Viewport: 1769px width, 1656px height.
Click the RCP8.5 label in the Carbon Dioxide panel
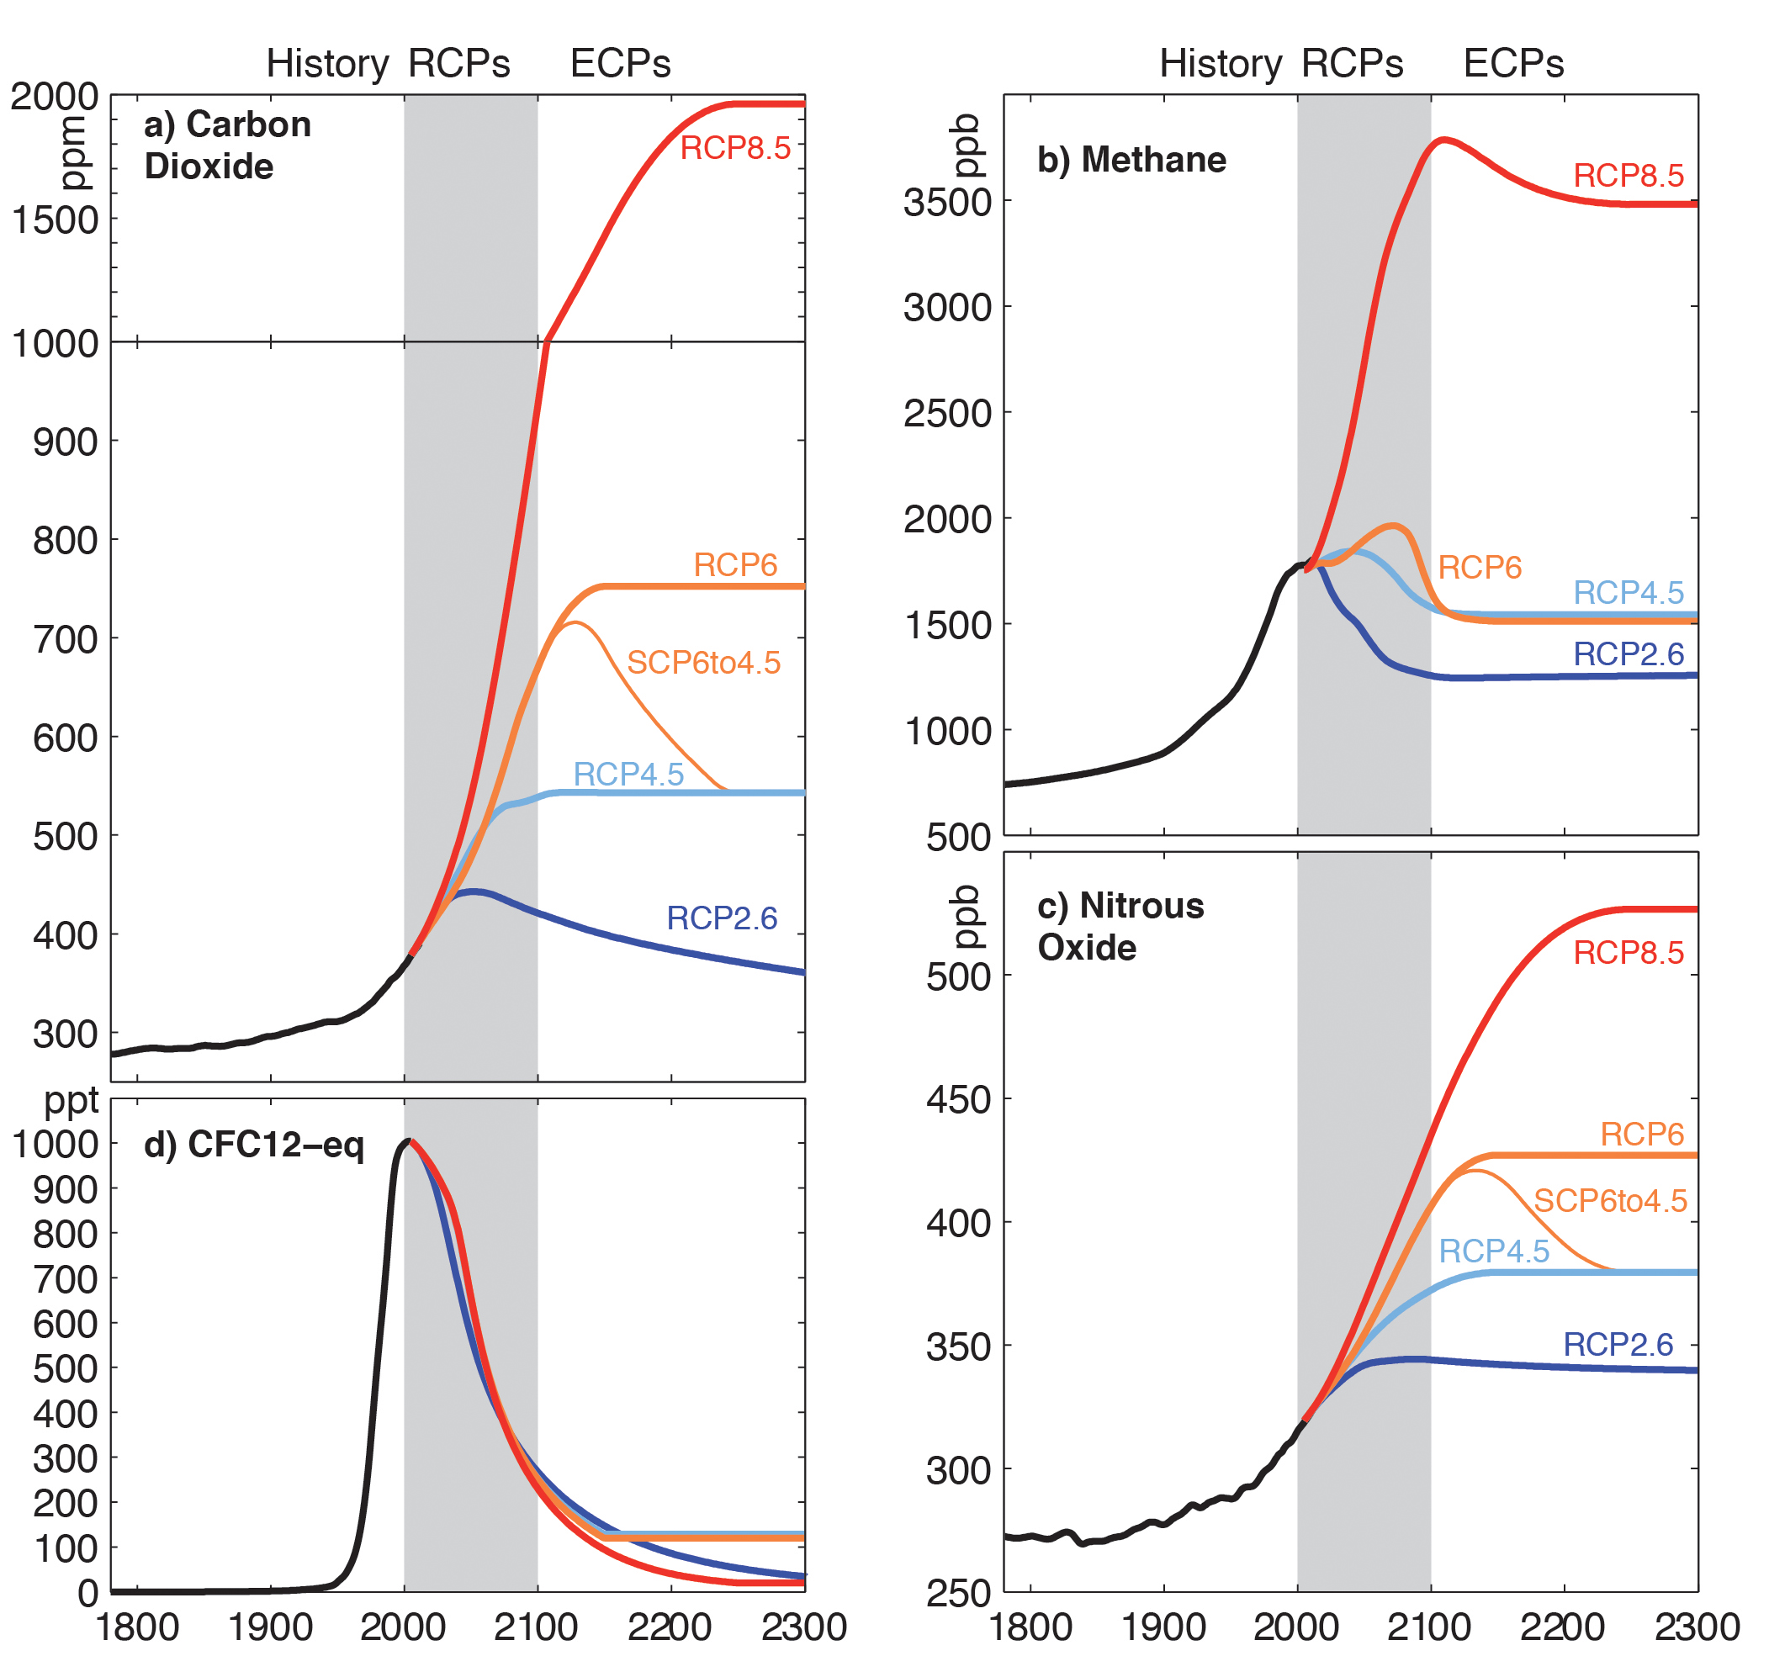click(735, 148)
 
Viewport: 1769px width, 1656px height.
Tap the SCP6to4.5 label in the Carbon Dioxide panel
click(704, 663)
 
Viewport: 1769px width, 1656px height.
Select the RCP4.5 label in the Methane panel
click(1629, 593)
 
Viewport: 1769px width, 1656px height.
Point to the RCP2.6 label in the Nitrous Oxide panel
click(1618, 1345)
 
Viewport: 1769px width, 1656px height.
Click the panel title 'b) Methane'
click(1132, 160)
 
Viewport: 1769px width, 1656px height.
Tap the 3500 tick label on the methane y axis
click(948, 203)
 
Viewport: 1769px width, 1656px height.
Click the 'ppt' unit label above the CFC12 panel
click(72, 1102)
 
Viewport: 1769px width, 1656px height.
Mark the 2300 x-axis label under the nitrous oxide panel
click(1696, 1627)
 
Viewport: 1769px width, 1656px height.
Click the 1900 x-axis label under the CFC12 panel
click(271, 1627)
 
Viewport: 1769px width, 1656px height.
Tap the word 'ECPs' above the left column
click(620, 64)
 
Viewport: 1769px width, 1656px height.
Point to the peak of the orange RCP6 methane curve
click(1394, 525)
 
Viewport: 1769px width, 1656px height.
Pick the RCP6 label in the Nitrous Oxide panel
click(1642, 1135)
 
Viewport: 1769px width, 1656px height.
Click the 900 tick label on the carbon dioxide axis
click(65, 442)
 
